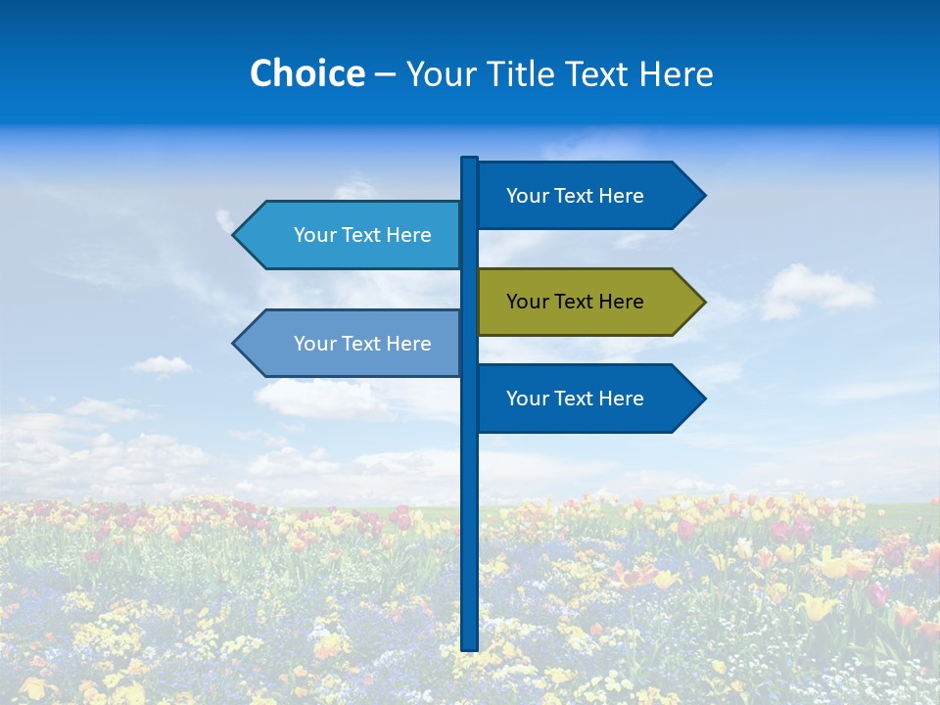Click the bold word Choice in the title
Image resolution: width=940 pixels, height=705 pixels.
(306, 73)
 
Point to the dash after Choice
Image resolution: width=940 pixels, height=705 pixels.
(385, 74)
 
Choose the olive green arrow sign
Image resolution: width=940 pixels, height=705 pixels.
(587, 302)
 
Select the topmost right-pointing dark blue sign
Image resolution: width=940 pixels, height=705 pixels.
(587, 196)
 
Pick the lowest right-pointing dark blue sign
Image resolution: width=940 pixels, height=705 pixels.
(587, 399)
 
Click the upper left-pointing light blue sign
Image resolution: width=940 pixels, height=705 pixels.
(352, 235)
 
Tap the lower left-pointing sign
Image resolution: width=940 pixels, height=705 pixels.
(352, 344)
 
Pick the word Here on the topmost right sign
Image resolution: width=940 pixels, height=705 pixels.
(621, 196)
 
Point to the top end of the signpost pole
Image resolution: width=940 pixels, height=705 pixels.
(469, 160)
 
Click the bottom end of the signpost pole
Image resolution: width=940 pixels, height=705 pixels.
(469, 647)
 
